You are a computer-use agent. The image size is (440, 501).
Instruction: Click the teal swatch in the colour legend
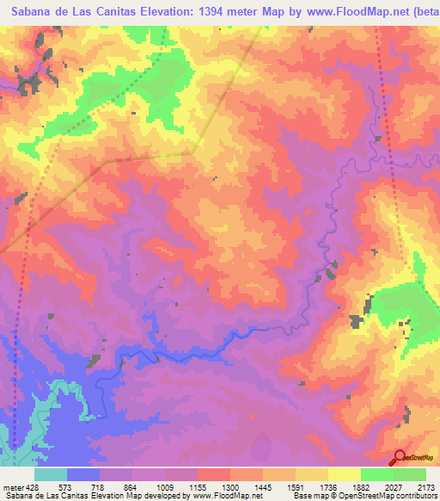[x=51, y=474]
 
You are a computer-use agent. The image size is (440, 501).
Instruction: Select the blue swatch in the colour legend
[x=83, y=474]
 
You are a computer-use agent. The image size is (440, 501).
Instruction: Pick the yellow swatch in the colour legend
[x=345, y=474]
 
